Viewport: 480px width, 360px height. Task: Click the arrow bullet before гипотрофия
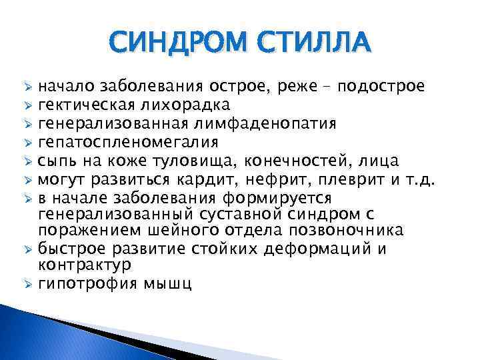click(x=27, y=284)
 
